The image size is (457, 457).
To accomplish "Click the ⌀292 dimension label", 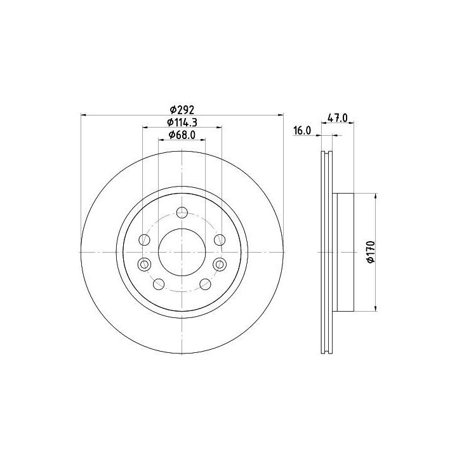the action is click(182, 110).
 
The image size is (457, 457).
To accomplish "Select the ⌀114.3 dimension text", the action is click(182, 123).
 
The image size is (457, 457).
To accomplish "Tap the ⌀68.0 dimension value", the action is click(182, 135).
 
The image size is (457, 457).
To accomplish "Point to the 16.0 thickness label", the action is click(302, 130).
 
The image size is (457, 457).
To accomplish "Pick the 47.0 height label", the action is click(338, 118).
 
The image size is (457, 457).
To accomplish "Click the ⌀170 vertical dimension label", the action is click(371, 252).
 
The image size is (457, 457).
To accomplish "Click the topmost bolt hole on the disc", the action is click(182, 212).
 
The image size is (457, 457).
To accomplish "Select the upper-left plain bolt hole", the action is click(145, 240).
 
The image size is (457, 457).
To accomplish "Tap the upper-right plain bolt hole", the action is click(220, 240).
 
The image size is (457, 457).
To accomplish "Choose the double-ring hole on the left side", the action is click(144, 264).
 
